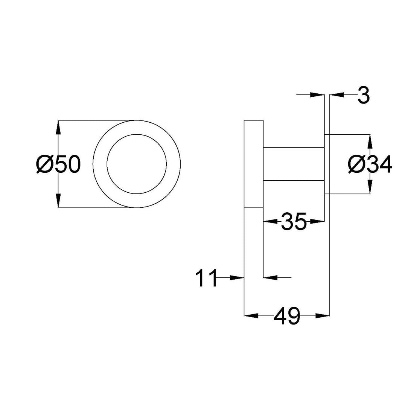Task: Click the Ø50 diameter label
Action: tap(58, 164)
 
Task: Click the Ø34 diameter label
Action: tap(370, 164)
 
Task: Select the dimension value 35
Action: tap(294, 222)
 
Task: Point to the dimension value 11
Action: tap(206, 278)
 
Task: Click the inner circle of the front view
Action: tap(136, 164)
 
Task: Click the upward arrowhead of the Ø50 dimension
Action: tap(58, 126)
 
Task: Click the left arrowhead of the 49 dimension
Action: tap(251, 316)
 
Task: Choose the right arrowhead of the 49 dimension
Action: tap(323, 316)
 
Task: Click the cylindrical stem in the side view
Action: tap(294, 164)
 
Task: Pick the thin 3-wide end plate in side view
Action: tap(327, 164)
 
